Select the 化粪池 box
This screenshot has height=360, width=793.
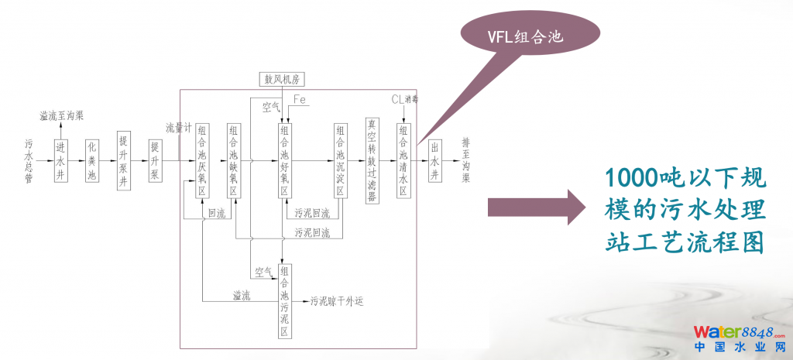click(x=92, y=160)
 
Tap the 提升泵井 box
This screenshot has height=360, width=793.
click(x=123, y=160)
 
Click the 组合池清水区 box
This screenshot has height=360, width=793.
click(x=403, y=160)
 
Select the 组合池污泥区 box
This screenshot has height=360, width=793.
click(x=284, y=301)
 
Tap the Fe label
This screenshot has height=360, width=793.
click(x=300, y=98)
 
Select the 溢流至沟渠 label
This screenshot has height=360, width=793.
click(x=62, y=115)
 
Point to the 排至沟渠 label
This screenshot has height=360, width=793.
click(x=465, y=160)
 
